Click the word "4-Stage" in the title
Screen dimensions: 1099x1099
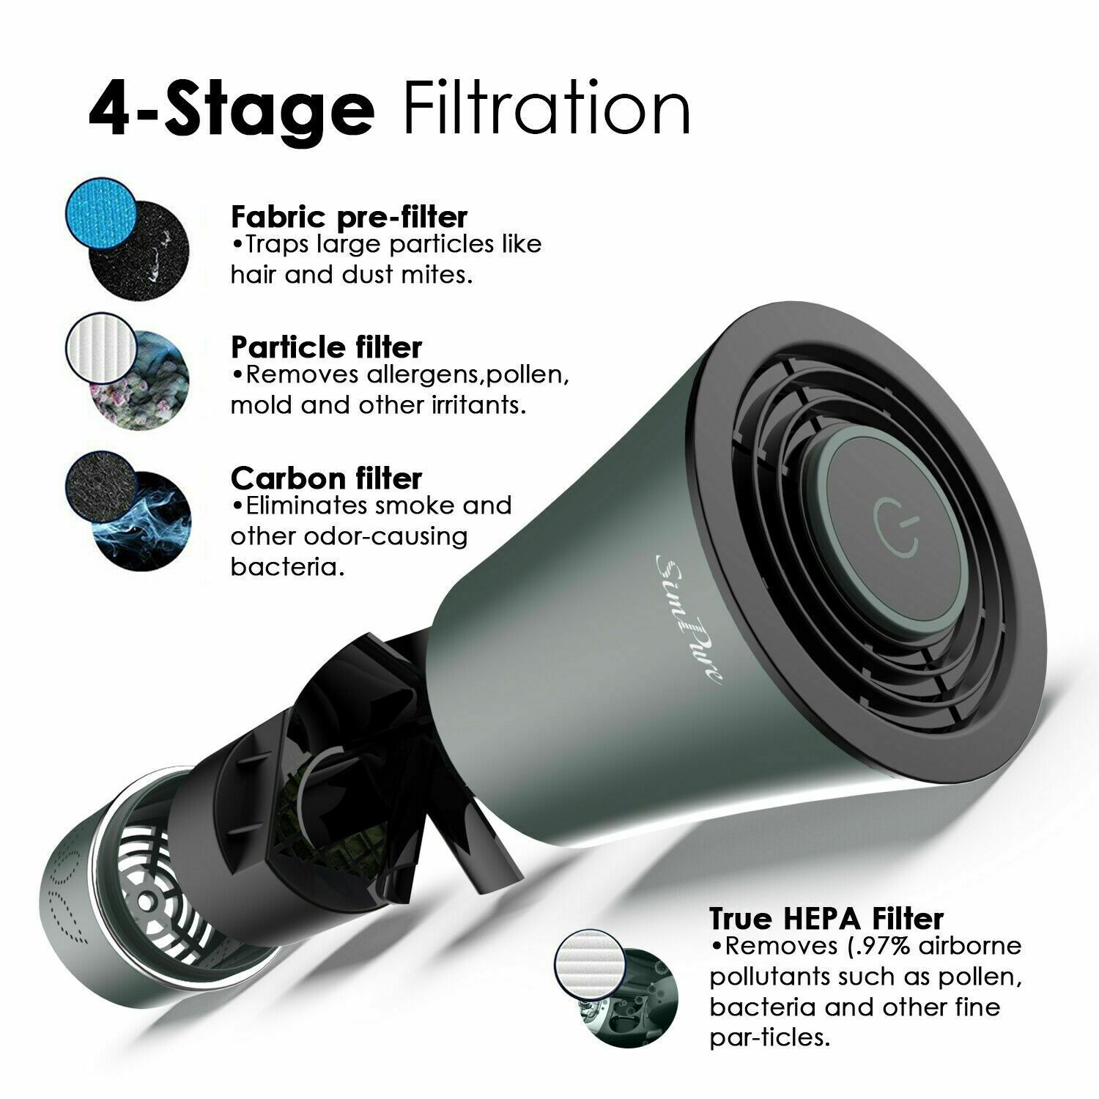232,111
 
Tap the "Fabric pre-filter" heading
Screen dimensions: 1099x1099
349,217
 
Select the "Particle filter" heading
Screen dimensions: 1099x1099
326,347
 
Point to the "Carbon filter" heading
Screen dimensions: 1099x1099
326,478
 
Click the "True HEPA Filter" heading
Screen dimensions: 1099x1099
826,918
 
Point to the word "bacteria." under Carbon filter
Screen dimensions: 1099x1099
287,567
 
